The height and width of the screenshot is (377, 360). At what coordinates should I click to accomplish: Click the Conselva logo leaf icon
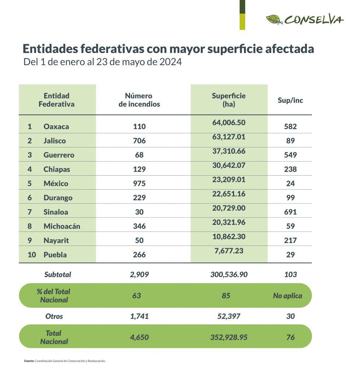click(x=274, y=20)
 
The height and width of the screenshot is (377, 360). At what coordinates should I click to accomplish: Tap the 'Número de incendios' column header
click(x=139, y=100)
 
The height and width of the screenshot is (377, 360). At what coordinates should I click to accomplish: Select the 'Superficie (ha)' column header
click(x=229, y=100)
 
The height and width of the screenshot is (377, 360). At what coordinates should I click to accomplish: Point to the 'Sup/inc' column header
click(x=290, y=100)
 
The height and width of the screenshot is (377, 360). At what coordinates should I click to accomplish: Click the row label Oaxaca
click(x=56, y=127)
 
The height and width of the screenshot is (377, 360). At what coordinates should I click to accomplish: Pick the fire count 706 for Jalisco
click(x=139, y=141)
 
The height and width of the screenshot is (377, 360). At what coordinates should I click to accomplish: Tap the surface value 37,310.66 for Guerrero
click(x=229, y=151)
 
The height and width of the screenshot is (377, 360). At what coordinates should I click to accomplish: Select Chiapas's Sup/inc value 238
click(x=290, y=169)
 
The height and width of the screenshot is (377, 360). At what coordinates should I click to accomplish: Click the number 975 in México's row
click(x=139, y=183)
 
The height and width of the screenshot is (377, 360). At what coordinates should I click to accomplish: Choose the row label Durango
click(x=58, y=198)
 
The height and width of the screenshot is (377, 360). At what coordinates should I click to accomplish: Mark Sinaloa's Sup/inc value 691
click(x=290, y=212)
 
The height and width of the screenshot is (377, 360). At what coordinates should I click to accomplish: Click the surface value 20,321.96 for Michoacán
click(x=229, y=222)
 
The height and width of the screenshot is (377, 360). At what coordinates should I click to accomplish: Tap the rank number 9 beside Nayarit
click(x=29, y=240)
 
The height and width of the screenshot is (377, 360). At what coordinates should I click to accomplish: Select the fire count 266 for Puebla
click(x=139, y=255)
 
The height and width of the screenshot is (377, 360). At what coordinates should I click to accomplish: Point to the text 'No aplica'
click(x=287, y=296)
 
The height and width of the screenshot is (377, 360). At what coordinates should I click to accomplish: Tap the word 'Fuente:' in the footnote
click(x=29, y=361)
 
